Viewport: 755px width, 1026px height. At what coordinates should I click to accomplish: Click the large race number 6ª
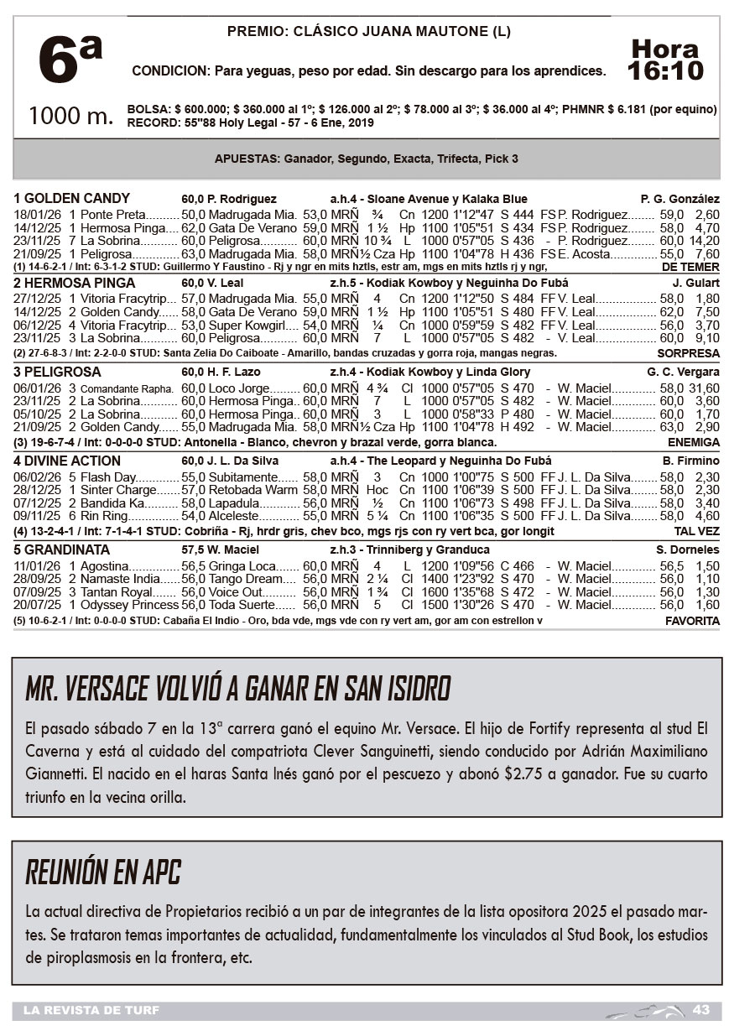[70, 60]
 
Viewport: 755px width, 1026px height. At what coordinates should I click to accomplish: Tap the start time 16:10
[665, 70]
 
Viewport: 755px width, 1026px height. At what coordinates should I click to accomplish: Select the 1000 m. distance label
[70, 116]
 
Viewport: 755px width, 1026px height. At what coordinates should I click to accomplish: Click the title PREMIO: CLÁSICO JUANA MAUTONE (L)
[369, 32]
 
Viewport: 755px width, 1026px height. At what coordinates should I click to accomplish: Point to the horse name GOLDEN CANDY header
[72, 199]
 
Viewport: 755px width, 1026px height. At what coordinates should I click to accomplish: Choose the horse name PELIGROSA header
[58, 372]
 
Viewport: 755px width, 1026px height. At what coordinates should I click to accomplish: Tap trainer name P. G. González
[679, 200]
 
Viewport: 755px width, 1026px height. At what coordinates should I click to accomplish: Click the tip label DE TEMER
[690, 266]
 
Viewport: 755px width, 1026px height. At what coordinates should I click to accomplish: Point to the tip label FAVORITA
[692, 621]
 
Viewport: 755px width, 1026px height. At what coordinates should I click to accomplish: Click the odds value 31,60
[705, 388]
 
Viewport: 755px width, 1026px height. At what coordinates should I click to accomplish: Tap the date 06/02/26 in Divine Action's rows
[37, 477]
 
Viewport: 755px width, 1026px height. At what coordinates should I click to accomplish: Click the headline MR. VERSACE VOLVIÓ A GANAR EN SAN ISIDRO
[238, 689]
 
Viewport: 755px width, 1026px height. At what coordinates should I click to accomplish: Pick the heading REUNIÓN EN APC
[103, 872]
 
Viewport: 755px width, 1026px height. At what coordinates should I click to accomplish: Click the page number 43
[701, 1009]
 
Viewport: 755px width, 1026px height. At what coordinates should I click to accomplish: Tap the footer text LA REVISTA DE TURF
[91, 1009]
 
